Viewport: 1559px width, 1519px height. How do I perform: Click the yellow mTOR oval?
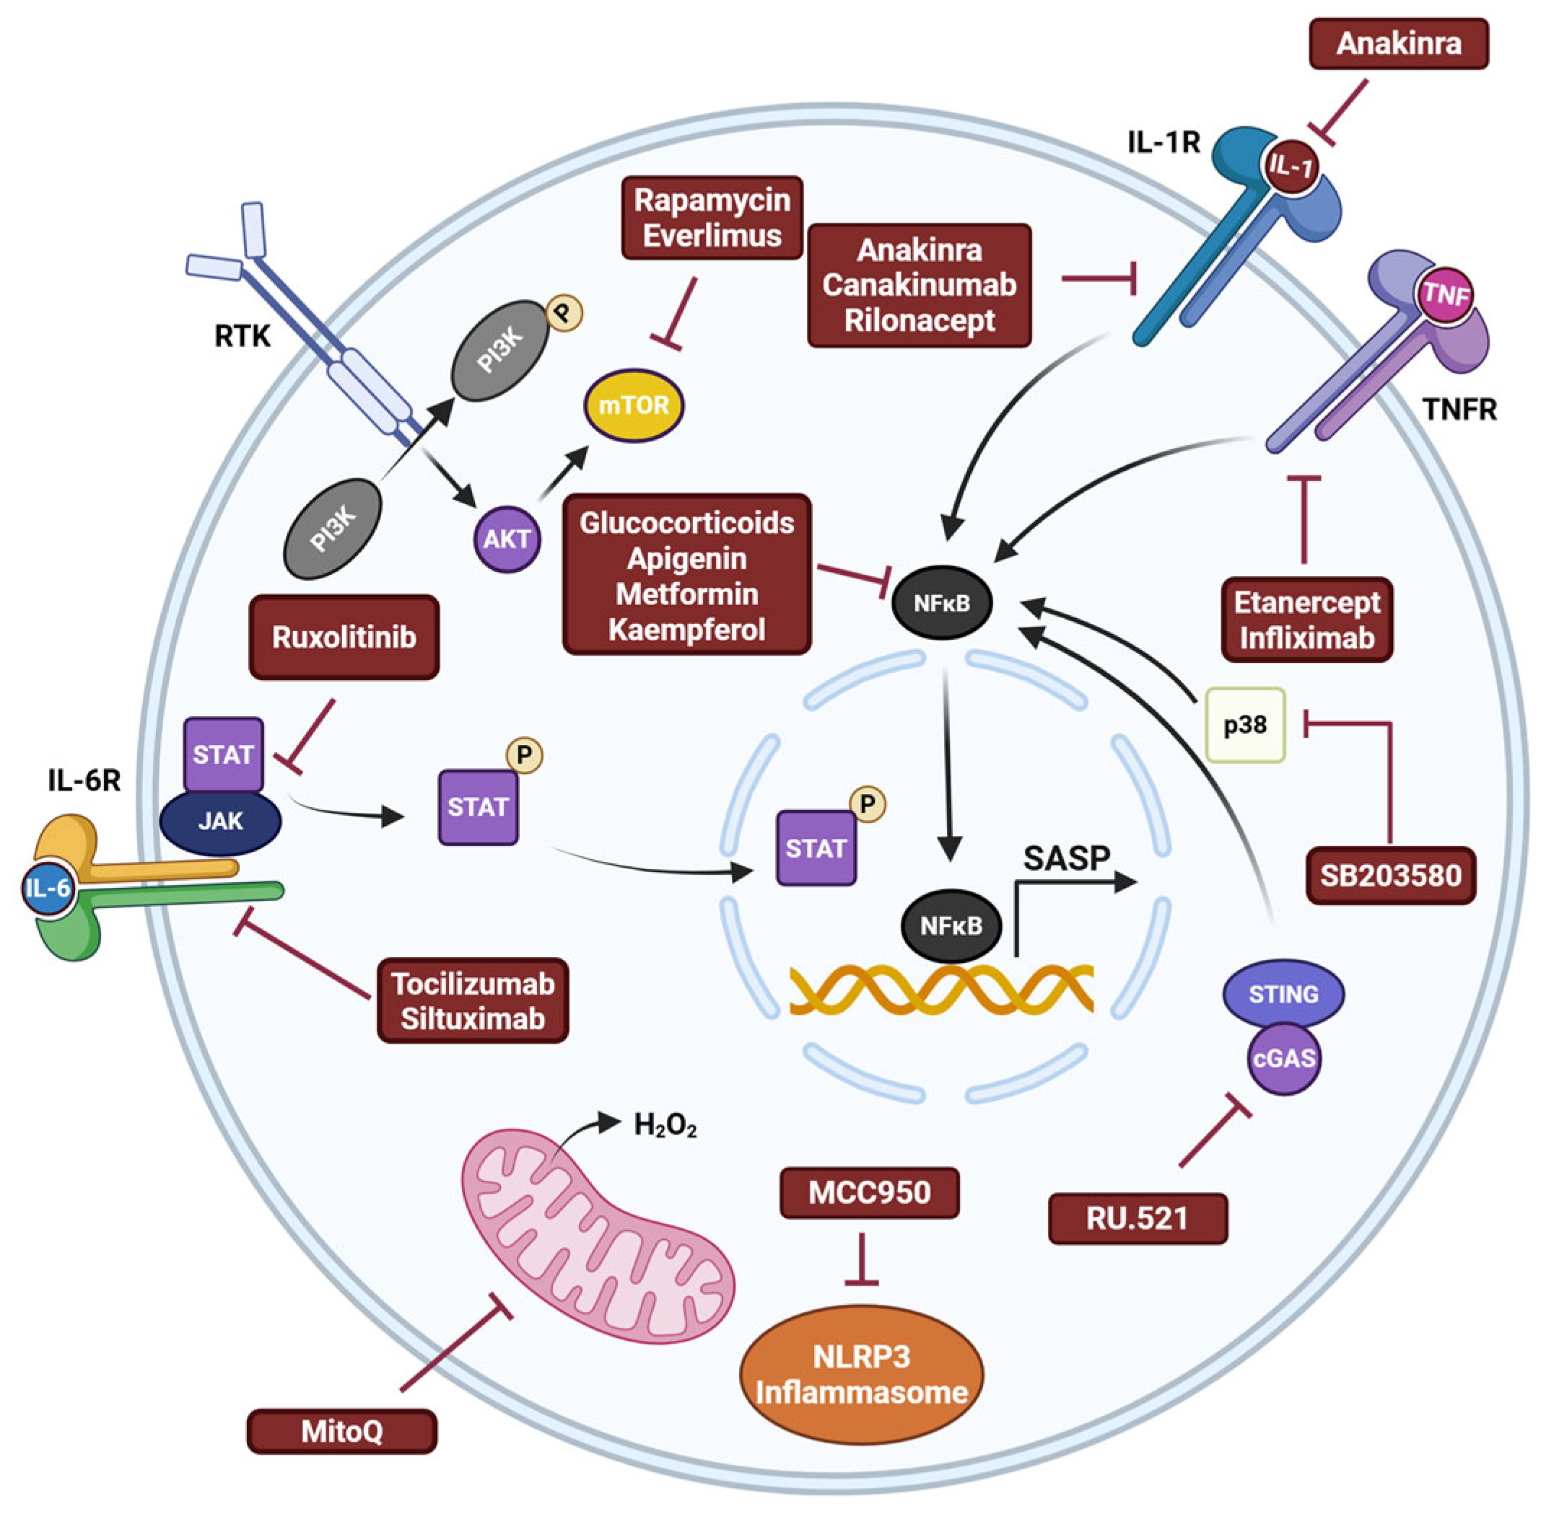(634, 405)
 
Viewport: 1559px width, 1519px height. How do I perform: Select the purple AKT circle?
(507, 540)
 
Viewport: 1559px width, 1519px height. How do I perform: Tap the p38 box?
(1244, 724)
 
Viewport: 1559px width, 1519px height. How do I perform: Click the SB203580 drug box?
(1390, 875)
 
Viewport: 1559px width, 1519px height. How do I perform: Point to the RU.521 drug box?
(1137, 1218)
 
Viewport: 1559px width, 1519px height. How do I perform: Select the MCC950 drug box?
(868, 1193)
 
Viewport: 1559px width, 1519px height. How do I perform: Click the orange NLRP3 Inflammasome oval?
(861, 1375)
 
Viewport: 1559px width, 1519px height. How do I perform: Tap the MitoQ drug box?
(341, 1431)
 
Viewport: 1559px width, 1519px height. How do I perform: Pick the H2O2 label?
(664, 1126)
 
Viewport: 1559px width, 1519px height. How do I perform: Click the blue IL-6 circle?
(48, 888)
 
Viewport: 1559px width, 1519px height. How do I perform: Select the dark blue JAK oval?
(220, 821)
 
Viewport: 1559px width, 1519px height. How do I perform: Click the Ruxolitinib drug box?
(344, 637)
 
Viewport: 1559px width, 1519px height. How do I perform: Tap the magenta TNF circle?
(1446, 295)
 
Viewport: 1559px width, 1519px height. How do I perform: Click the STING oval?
(1283, 994)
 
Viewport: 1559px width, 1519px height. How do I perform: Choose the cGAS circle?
(1283, 1059)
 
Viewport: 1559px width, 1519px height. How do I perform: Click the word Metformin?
(686, 594)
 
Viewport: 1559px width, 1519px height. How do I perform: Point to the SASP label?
(1067, 858)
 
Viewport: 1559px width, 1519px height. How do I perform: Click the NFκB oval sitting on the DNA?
(950, 926)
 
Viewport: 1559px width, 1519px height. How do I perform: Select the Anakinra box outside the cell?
(1398, 43)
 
